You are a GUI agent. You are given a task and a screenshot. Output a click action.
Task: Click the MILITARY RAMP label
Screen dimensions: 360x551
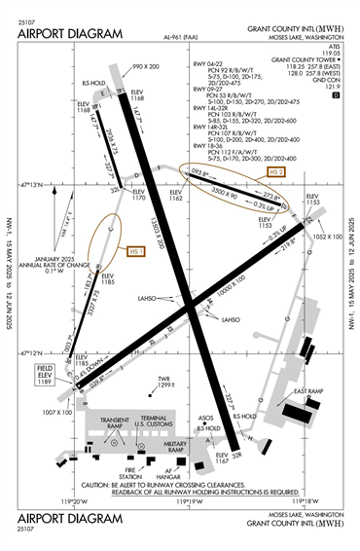(x=176, y=449)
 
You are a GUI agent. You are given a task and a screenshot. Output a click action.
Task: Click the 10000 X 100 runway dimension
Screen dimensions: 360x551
(x=233, y=291)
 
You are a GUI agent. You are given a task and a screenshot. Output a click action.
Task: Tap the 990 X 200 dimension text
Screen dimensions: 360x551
(x=146, y=67)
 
